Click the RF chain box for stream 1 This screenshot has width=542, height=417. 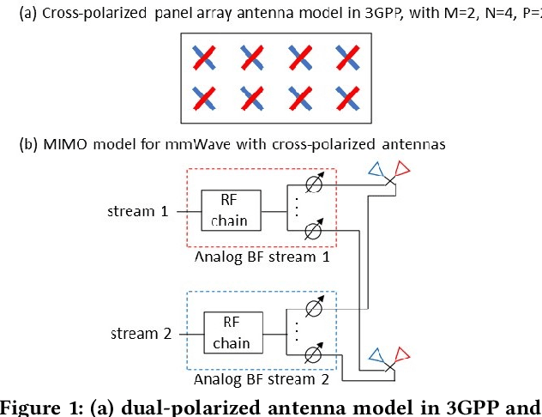click(228, 210)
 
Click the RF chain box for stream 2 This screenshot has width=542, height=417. click(232, 334)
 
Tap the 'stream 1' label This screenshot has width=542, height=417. click(138, 209)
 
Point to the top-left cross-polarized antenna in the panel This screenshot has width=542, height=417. click(203, 58)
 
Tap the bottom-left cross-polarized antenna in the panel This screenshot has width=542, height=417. click(203, 96)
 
